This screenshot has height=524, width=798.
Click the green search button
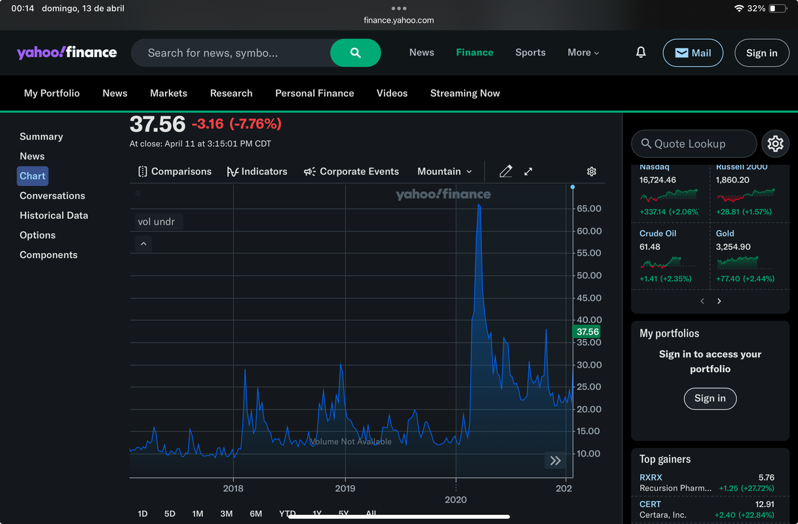point(355,53)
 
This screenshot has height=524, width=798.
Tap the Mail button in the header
point(693,53)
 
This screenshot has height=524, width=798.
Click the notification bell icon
point(641,52)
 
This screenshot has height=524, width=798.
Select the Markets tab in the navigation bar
point(168,93)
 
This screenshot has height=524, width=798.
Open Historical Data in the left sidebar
point(54,215)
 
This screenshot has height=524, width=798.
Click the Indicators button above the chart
point(257,172)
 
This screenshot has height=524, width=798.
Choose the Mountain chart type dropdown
point(444,172)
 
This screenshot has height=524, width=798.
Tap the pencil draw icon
point(505,172)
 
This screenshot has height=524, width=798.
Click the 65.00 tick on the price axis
point(588,209)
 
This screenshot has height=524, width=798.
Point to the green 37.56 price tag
point(587,332)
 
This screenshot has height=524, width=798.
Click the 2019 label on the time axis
point(345,488)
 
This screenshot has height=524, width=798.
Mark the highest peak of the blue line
point(479,205)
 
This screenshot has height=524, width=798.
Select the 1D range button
point(142,514)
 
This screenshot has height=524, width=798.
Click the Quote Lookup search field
point(693,143)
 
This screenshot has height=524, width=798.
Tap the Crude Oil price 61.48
point(650,247)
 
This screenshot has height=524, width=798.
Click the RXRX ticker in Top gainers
point(651,477)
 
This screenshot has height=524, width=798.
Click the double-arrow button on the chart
point(555,460)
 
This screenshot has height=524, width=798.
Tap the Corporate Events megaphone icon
point(310,172)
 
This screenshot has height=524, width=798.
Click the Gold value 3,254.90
point(733,247)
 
